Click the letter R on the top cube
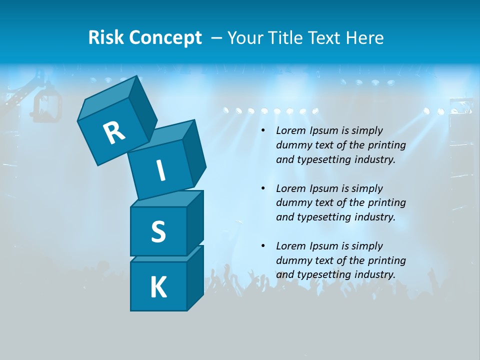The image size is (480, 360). coord(114,132)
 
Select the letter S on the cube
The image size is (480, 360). coord(158,231)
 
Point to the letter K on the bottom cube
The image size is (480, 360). coord(158,287)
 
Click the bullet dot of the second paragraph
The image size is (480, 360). coord(263,188)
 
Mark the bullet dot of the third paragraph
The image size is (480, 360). coord(263,246)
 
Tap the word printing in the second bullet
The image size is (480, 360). coord(386,203)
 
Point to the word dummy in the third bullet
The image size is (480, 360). coord(292,260)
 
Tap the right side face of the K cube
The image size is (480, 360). coord(195,277)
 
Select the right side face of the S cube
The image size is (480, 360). coord(195,222)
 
